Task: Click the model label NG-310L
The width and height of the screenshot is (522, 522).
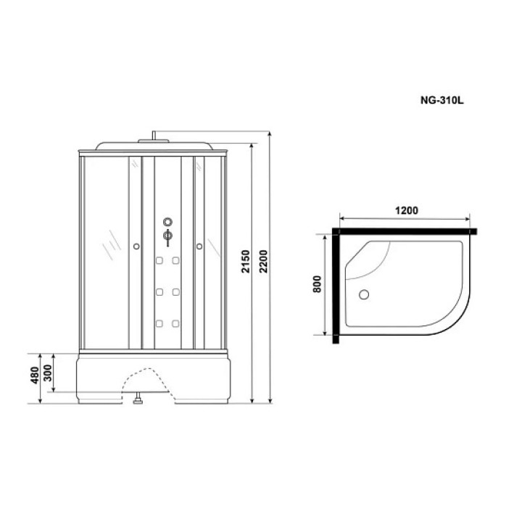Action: point(442,100)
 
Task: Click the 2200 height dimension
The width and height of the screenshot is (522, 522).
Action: point(263,261)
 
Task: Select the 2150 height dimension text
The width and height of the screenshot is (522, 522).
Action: point(245,261)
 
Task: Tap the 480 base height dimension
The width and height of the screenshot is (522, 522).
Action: point(35,376)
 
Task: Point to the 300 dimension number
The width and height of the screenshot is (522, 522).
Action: point(48,373)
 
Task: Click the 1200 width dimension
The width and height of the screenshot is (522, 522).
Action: point(407,210)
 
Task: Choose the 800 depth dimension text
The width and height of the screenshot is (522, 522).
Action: point(318,284)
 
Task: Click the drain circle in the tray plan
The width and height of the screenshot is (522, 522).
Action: point(364,294)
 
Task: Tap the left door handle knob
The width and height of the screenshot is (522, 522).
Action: point(136,246)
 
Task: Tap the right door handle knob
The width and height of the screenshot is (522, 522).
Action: point(199,246)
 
